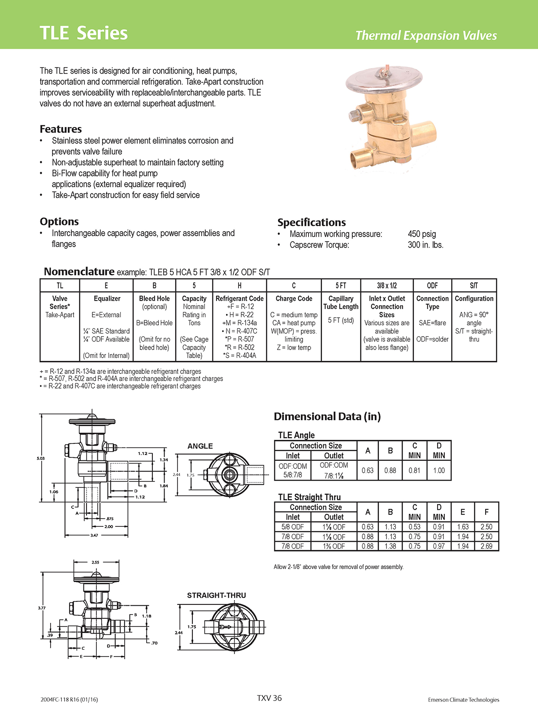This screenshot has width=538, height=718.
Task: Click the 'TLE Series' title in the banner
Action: (x=84, y=33)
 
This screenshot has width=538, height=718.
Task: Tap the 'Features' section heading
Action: (x=61, y=129)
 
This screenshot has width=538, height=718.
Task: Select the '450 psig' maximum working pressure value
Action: (x=421, y=234)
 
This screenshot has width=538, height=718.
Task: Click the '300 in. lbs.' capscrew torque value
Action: (x=425, y=245)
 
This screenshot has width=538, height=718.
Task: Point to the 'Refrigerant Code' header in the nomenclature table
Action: (x=239, y=298)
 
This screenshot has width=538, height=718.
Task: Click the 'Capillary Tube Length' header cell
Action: (x=341, y=302)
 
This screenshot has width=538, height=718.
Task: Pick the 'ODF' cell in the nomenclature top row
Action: (x=432, y=285)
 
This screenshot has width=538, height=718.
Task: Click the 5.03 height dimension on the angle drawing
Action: (x=41, y=458)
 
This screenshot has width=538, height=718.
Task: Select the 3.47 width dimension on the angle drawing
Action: (x=94, y=535)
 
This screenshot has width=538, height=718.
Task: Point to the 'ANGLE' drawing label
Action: (x=200, y=446)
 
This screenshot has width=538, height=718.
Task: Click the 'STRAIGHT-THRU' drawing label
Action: (x=217, y=595)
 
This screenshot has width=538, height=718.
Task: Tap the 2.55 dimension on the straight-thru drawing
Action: (x=95, y=562)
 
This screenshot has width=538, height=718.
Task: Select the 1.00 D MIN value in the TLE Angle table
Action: (x=439, y=470)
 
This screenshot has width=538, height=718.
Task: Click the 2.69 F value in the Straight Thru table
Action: (x=486, y=546)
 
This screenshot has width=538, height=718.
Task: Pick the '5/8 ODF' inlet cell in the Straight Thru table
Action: (x=293, y=527)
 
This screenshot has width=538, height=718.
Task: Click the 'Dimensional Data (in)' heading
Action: (x=327, y=416)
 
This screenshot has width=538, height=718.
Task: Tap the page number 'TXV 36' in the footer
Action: (x=269, y=698)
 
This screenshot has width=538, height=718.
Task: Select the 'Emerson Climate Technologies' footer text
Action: (x=463, y=700)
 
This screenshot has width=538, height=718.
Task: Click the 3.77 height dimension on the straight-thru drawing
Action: (x=41, y=608)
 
